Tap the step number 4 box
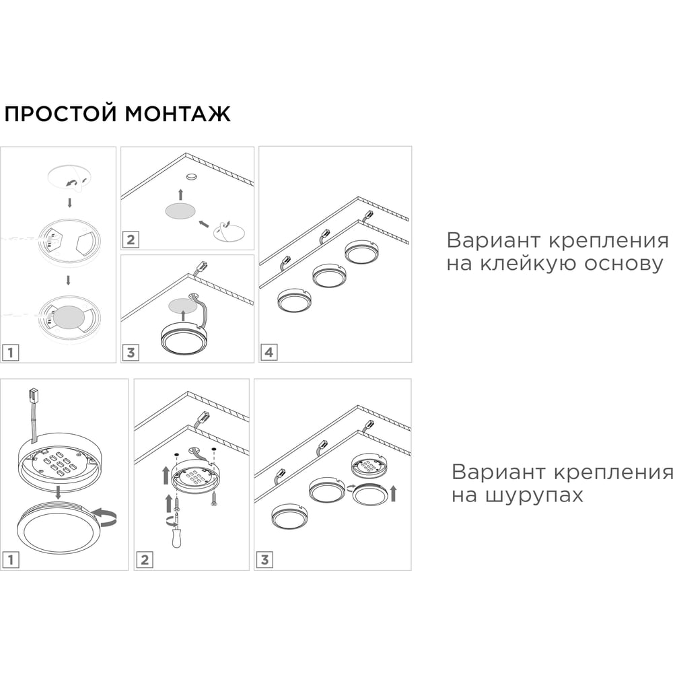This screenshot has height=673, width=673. tap(269, 351)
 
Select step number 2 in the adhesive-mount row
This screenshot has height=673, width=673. tap(131, 239)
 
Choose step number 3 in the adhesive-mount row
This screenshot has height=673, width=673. tap(131, 351)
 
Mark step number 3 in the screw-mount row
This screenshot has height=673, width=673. tap(264, 559)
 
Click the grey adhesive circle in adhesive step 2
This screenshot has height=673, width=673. tap(182, 211)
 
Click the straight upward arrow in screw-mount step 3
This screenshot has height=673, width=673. tap(393, 493)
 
